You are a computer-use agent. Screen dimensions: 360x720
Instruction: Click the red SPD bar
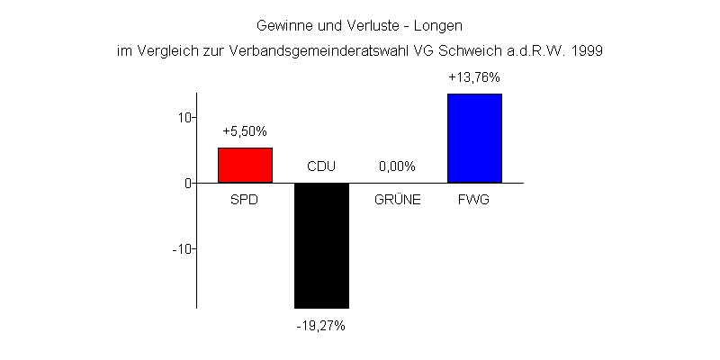click(x=245, y=165)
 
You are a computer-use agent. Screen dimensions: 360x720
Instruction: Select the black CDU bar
click(x=321, y=245)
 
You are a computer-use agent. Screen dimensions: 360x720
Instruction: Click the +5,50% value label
click(x=245, y=131)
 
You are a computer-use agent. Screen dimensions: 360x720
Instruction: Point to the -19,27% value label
click(x=321, y=325)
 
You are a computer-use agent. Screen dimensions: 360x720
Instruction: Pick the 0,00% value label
click(x=397, y=166)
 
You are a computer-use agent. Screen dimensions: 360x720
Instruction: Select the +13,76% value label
click(x=474, y=77)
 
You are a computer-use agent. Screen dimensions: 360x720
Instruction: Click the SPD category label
click(x=245, y=200)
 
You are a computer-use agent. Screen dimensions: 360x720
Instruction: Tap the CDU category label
click(x=321, y=166)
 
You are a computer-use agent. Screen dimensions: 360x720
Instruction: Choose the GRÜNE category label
click(x=397, y=200)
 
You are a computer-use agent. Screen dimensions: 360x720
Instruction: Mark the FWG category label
click(x=474, y=200)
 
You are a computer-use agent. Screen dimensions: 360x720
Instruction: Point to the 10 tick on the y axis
click(x=182, y=117)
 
